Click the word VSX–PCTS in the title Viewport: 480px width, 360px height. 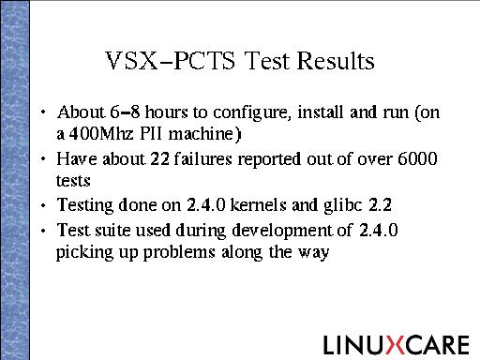coord(171,60)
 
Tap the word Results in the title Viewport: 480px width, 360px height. coord(336,60)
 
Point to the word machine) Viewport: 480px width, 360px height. coord(205,134)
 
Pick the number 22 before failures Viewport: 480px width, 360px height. coord(160,158)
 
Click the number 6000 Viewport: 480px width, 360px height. coord(417,158)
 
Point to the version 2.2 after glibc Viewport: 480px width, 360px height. coord(380,205)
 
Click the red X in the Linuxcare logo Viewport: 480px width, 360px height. coord(396,345)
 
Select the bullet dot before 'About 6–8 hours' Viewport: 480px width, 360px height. coord(43,112)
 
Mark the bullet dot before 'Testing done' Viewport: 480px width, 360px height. coord(43,205)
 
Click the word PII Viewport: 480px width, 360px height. coord(151,134)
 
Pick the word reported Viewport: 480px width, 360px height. coord(269,159)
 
